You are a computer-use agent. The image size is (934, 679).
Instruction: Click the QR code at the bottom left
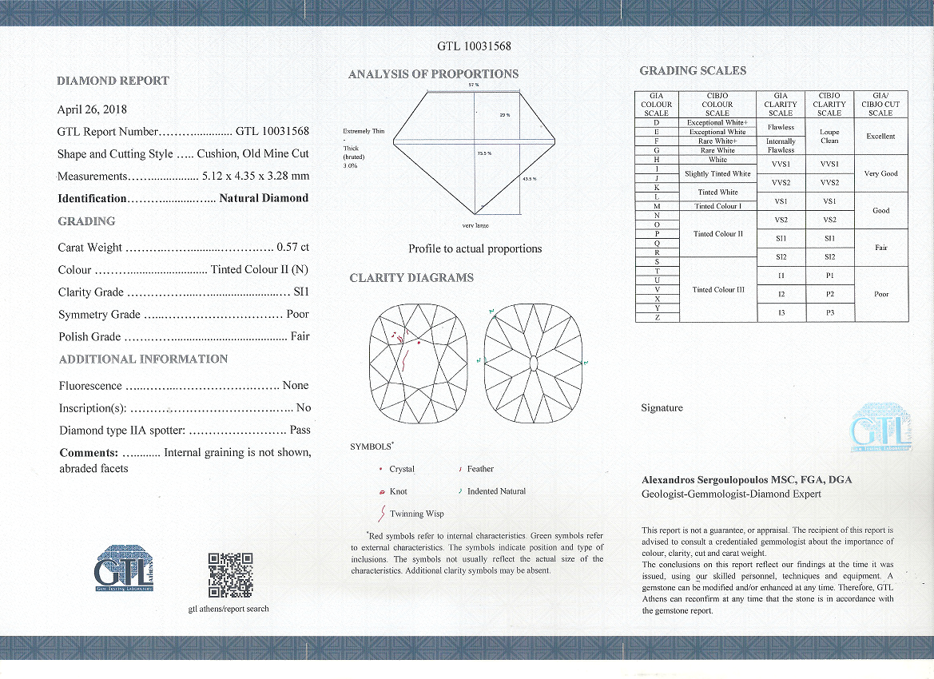coord(230,574)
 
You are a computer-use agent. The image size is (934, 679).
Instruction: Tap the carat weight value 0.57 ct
coord(292,248)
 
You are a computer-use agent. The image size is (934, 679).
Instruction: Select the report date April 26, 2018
coord(92,109)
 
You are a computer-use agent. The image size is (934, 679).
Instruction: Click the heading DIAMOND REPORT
coord(113,81)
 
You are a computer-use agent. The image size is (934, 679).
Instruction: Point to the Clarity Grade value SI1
coord(301,292)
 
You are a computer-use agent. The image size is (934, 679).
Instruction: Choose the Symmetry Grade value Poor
coord(297,315)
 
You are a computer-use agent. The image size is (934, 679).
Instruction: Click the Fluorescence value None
coord(296,386)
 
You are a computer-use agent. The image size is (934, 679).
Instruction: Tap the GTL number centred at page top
coord(474,46)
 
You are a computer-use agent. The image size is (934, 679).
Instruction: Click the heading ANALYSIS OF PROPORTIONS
coord(433,74)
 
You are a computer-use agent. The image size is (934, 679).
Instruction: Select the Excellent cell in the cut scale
coord(880,137)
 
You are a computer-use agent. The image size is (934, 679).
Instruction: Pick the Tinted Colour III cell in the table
coord(717,290)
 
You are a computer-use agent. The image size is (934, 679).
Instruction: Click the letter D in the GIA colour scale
coord(656,122)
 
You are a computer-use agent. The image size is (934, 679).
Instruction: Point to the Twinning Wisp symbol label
coord(417,514)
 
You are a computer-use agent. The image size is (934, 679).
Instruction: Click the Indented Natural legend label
coord(496,491)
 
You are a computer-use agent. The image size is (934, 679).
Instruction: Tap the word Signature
coord(662,408)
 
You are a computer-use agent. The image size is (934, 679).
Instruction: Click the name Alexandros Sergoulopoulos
coord(705,481)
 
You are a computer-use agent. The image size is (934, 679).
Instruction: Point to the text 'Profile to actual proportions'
coord(475,249)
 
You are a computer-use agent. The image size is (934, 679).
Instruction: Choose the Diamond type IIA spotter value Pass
coord(300,431)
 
